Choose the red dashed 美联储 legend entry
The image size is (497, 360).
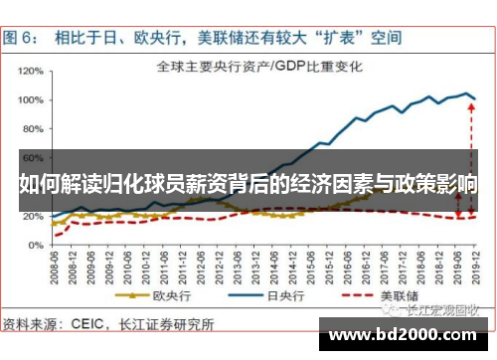coord(383,296)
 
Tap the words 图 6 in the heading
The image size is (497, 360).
coord(21,39)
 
